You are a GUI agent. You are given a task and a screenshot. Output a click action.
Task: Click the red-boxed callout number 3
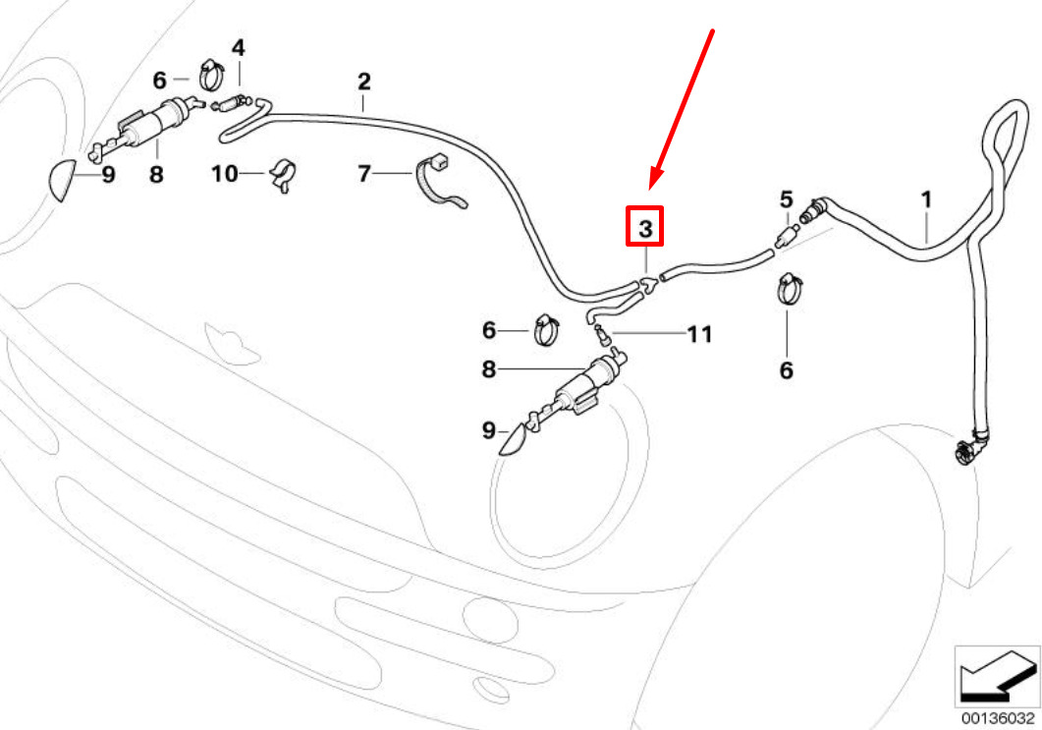(645, 227)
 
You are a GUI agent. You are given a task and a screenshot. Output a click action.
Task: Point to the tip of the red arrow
(651, 188)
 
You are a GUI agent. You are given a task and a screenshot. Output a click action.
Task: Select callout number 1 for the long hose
(925, 200)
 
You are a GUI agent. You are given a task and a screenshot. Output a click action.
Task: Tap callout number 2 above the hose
(363, 80)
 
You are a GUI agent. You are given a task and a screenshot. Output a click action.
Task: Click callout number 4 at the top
(239, 47)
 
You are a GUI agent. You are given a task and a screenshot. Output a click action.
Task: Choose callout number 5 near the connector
(786, 200)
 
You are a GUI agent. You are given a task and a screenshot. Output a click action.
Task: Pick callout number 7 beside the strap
(364, 174)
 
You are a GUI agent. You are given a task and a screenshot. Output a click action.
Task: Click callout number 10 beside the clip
(225, 174)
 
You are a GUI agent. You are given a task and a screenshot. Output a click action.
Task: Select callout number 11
(698, 335)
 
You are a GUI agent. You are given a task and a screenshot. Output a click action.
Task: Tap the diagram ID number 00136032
(997, 718)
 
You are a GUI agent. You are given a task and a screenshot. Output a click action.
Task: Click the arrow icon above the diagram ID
(997, 677)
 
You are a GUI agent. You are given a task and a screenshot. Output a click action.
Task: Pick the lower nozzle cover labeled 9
(513, 440)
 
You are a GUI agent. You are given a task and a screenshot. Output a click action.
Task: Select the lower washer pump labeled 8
(584, 390)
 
